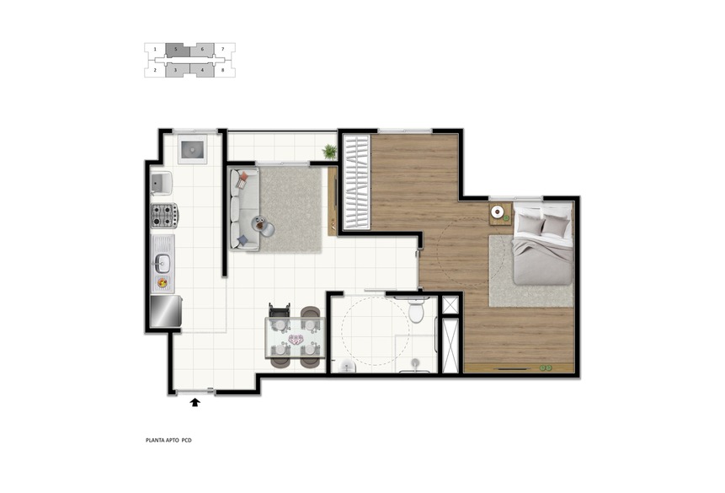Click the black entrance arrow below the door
click(195, 402)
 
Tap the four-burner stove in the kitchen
click(164, 215)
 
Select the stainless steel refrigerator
click(166, 311)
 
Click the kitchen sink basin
click(163, 263)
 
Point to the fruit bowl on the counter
click(163, 282)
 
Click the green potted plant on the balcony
click(330, 152)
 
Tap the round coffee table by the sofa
click(263, 227)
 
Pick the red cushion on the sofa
click(242, 180)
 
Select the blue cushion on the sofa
click(243, 240)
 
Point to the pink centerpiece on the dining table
click(296, 340)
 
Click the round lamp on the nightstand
click(498, 212)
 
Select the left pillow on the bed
click(530, 226)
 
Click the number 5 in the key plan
click(176, 49)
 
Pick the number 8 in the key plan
click(223, 70)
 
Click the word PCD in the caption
click(186, 440)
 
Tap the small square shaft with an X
click(450, 305)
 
